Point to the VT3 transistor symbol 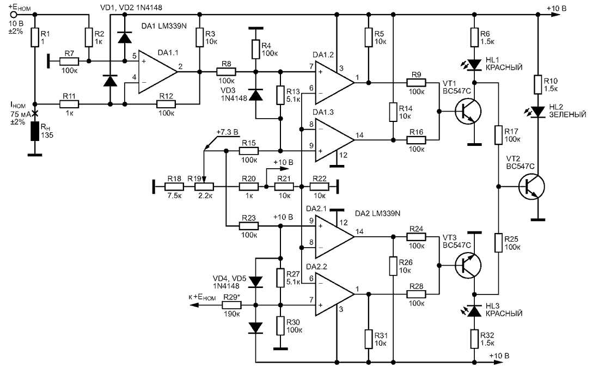(467, 265)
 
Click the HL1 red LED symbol (474, 65)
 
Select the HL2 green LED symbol (538, 112)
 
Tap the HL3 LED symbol (474, 310)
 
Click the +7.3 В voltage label (228, 132)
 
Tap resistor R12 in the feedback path (167, 102)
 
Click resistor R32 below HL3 (474, 339)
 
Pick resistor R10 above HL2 (538, 83)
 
